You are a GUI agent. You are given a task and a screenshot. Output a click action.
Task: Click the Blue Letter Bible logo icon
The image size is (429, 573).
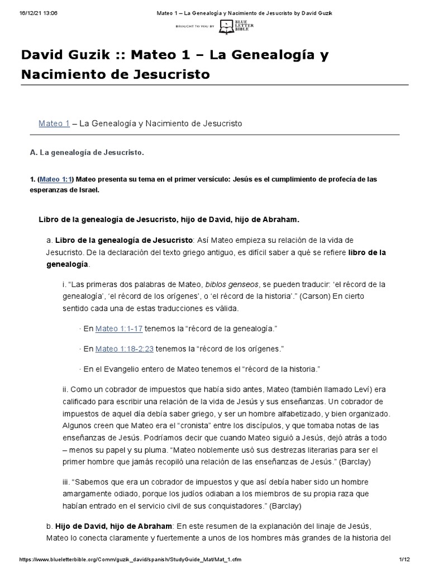coord(226,25)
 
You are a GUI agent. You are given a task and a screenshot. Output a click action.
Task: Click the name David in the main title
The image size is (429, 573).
coord(44,55)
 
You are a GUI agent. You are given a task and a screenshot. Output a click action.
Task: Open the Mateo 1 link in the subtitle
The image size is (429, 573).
coord(54,123)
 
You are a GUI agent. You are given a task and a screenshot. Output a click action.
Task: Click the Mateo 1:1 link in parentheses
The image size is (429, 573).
coord(56,180)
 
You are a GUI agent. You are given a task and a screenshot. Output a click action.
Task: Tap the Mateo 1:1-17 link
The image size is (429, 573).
coord(119,328)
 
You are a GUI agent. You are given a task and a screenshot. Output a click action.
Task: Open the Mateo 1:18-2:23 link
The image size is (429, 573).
coord(125,349)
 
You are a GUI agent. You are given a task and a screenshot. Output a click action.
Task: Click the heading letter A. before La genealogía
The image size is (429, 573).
coord(32,152)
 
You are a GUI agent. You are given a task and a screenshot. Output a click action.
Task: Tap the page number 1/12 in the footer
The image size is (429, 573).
coord(405,560)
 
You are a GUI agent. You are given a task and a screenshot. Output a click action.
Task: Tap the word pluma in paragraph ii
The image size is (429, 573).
coord(167,449)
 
